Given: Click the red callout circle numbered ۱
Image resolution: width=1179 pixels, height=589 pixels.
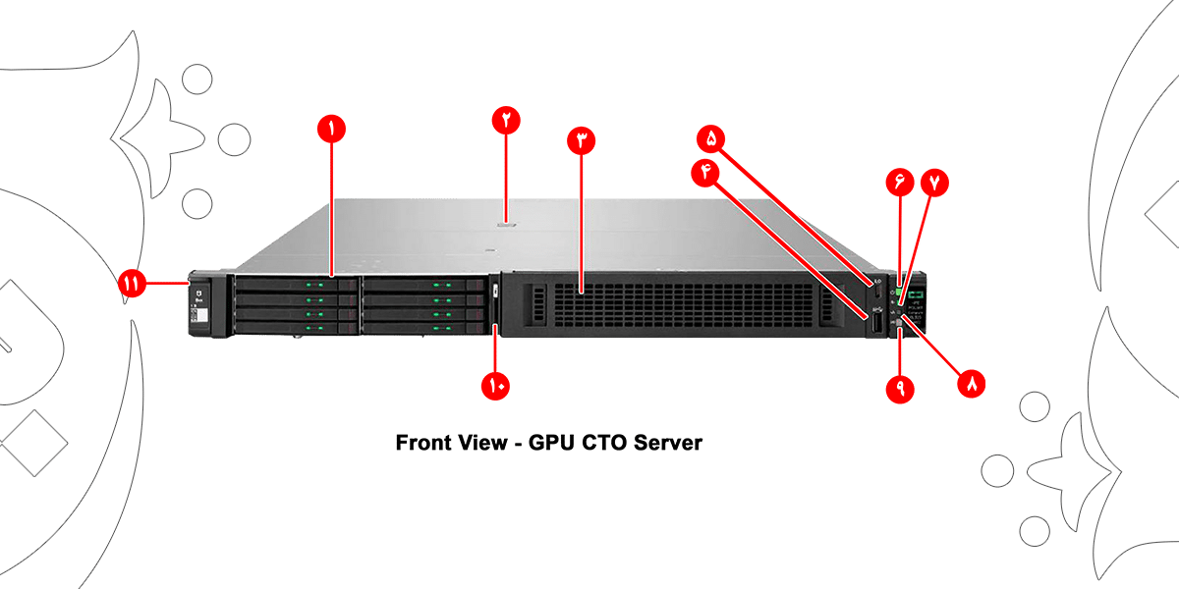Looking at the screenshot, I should coord(331,128).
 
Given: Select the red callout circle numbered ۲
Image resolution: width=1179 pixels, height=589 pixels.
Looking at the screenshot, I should coord(506,121).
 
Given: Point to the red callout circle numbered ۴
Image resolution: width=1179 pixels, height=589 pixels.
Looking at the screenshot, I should coord(705,172).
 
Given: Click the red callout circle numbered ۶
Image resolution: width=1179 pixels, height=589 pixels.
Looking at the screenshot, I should coord(899,182).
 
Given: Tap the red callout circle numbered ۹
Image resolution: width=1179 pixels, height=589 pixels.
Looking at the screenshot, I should coord(899,390).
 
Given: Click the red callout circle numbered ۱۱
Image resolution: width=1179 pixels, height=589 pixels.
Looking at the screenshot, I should coord(132,284).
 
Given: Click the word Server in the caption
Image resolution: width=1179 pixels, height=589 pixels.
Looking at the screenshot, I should coord(668,443).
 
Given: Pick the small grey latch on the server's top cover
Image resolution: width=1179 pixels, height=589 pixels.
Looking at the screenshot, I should coord(506,224).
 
